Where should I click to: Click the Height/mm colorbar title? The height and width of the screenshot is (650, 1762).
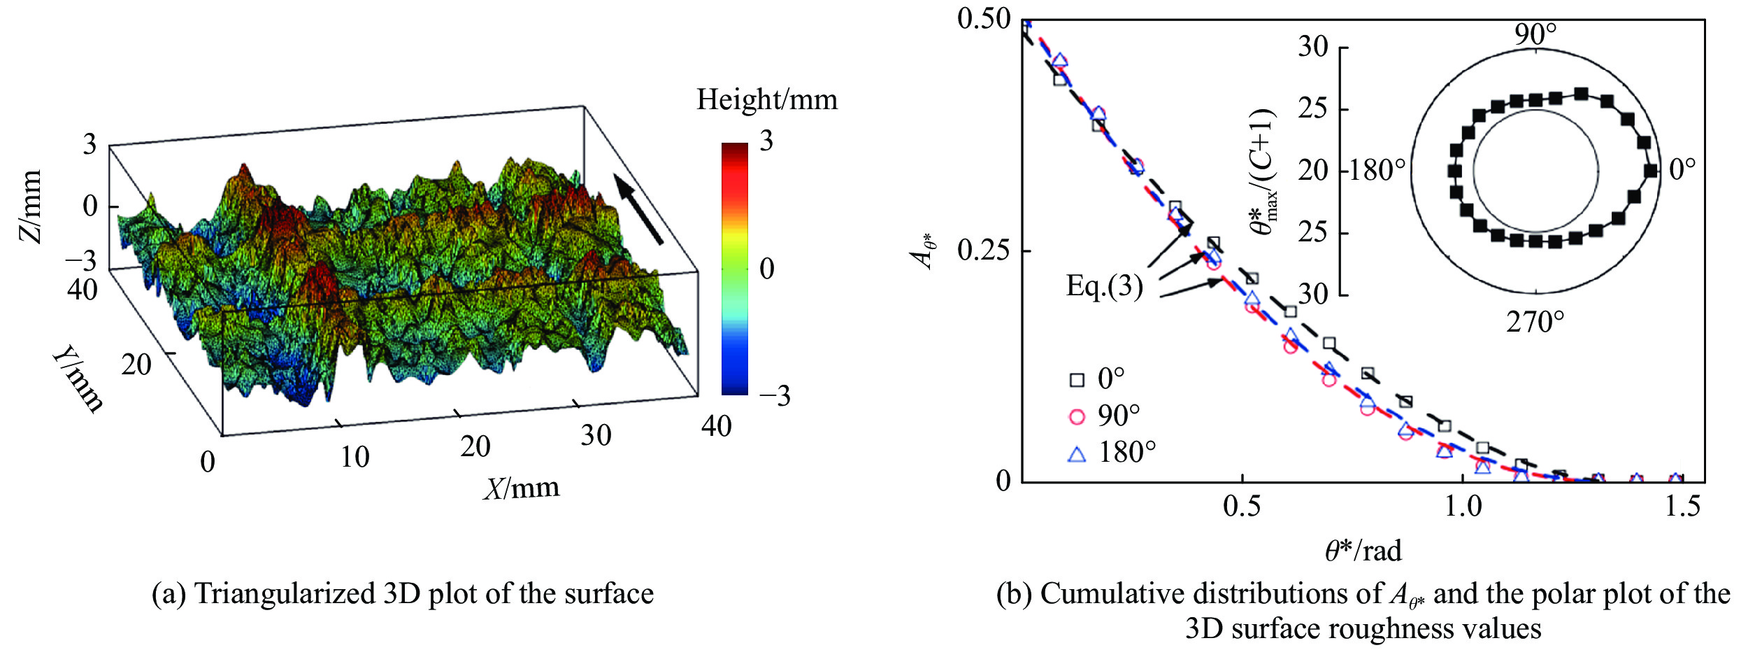[x=766, y=100]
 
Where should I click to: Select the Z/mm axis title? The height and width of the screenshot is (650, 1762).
[x=31, y=206]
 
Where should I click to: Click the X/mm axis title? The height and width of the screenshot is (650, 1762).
[x=522, y=488]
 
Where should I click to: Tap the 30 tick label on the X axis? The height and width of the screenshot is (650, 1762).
[x=596, y=436]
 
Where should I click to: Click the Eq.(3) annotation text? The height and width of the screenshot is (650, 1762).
[x=1104, y=286]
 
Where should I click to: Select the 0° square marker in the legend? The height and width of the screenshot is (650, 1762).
[x=1077, y=380]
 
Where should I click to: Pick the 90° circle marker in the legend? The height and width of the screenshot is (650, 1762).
[x=1077, y=417]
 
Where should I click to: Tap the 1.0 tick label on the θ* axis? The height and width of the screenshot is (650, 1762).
[x=1463, y=506]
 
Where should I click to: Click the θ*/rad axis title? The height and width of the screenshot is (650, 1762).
[x=1363, y=551]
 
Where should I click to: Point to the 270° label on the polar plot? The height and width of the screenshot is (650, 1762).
[x=1535, y=323]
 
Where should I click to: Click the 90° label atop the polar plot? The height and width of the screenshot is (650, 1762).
[x=1535, y=34]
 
